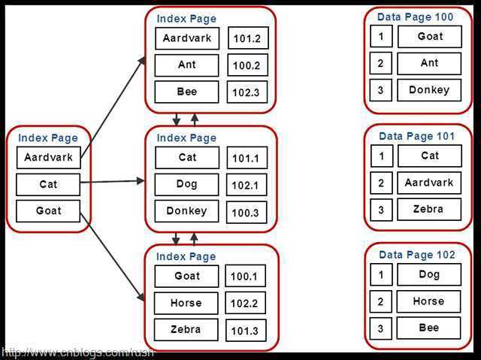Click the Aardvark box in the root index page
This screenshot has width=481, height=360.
pos(48,158)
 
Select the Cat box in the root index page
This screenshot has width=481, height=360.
pos(48,184)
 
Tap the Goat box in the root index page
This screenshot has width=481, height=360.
pos(48,211)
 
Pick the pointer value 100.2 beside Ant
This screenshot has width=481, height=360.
pos(247,65)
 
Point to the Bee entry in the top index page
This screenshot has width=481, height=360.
pos(187,92)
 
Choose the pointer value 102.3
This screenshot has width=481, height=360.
pos(247,92)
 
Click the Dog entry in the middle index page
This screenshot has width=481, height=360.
pos(187,184)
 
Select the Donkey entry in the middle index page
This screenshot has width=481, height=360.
pos(187,211)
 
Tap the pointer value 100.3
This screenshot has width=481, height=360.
pos(246,213)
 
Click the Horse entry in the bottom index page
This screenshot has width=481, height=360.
pos(186,303)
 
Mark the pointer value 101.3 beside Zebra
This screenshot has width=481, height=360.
pos(245,331)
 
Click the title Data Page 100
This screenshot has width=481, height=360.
pos(416,17)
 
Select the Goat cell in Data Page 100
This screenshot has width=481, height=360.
pos(429,36)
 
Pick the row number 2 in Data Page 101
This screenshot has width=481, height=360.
pos(381,183)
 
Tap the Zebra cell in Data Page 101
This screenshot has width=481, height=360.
pos(429,210)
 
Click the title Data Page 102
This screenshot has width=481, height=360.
pos(416,255)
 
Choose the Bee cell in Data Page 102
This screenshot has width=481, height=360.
pos(429,328)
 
